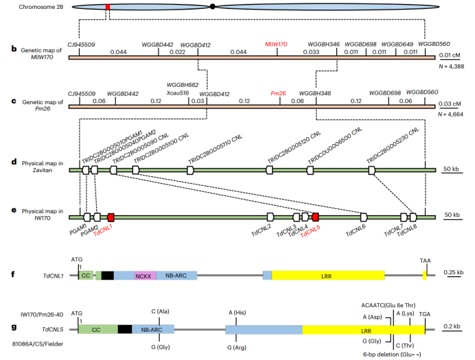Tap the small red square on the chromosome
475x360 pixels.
pos(107,6)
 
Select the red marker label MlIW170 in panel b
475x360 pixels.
pos(277,43)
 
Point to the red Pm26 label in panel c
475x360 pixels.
pos(278,93)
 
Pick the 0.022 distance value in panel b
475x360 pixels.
pos(178,52)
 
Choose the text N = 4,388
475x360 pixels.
pos(450,67)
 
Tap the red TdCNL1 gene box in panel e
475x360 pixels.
pos(111,217)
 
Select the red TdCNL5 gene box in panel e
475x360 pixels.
pos(315,217)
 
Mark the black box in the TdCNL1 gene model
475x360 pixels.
pos(107,275)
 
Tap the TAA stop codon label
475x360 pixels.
pos(426,261)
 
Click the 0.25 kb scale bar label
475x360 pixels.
pos(454,272)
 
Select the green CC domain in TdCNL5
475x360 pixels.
pos(97,329)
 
